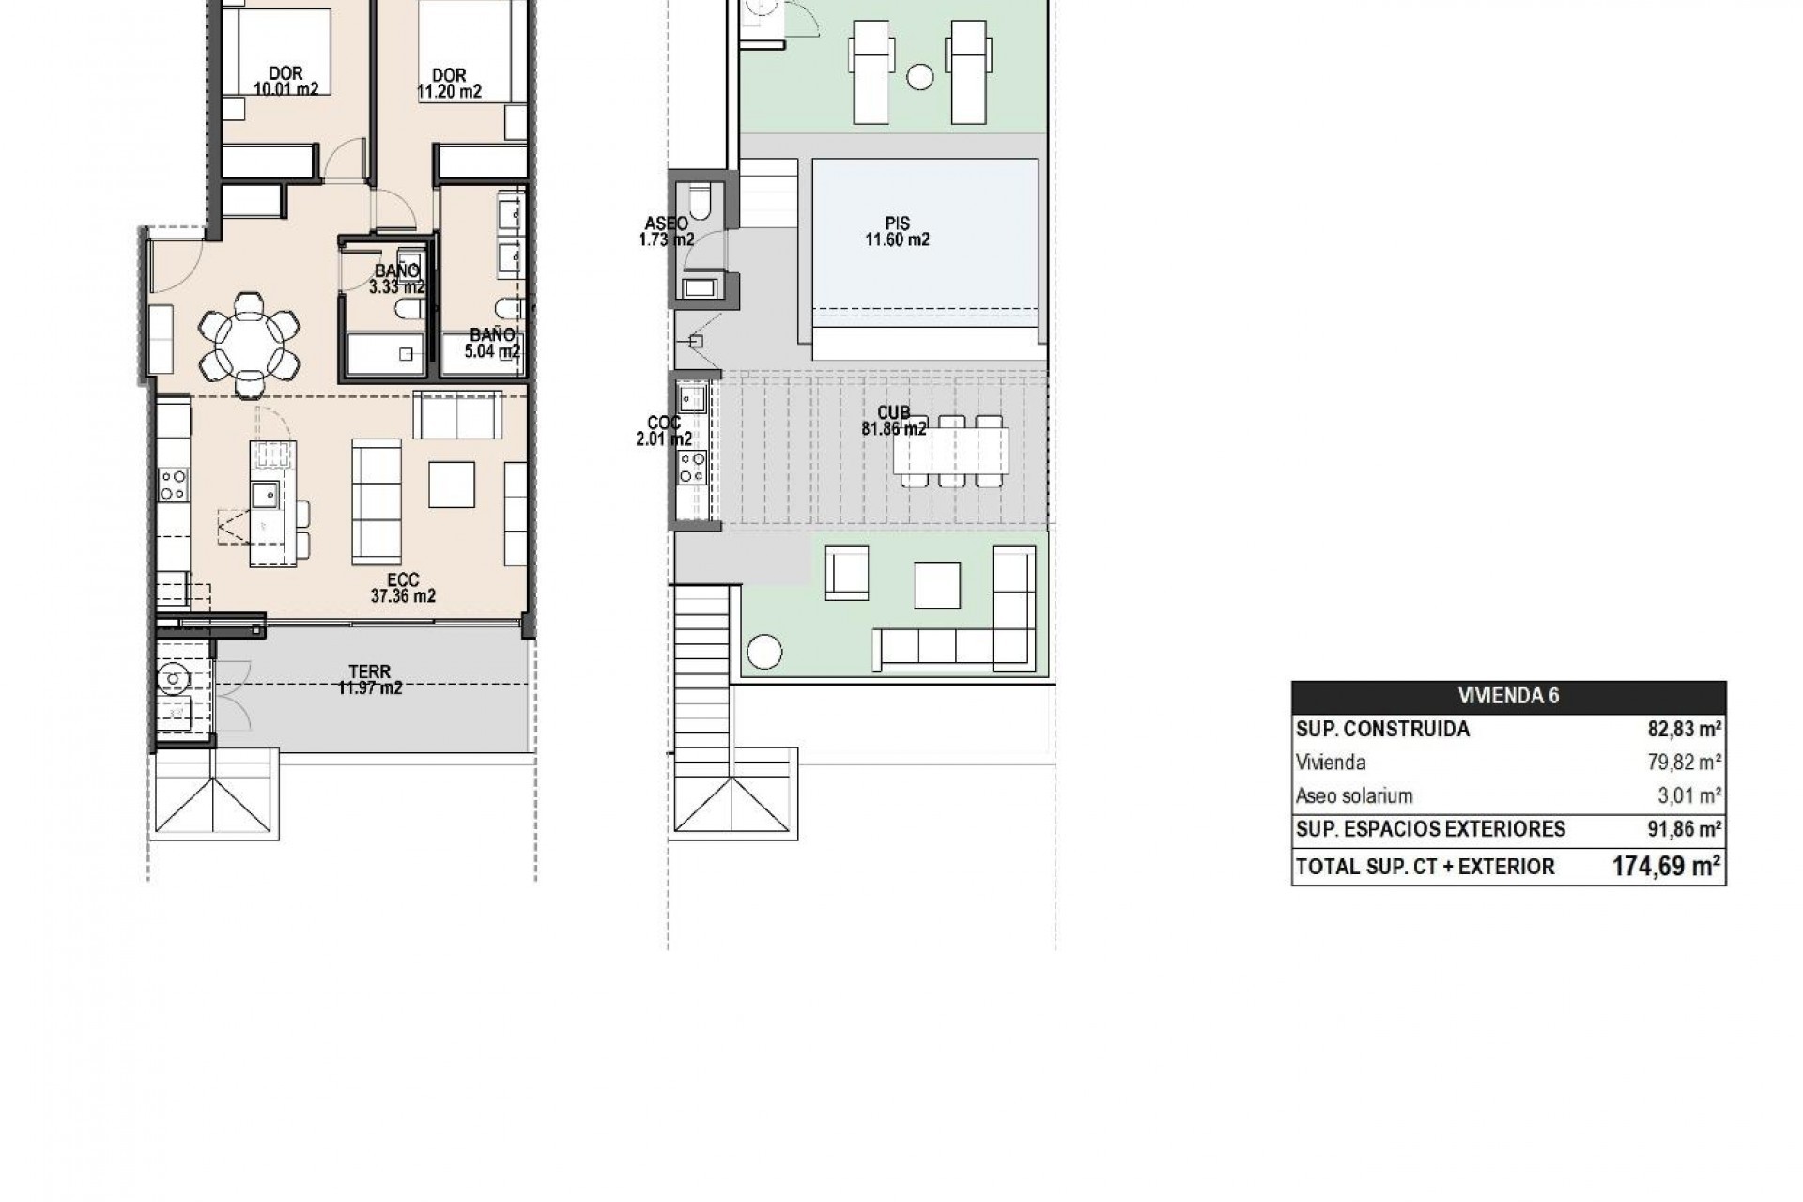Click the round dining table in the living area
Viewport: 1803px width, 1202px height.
(x=249, y=342)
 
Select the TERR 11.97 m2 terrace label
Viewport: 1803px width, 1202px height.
(x=370, y=680)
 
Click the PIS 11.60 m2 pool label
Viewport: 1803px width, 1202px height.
(x=897, y=232)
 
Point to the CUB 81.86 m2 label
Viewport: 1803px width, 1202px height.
(x=893, y=421)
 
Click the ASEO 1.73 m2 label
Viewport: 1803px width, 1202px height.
(x=665, y=232)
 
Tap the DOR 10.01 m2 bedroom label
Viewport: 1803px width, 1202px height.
(x=285, y=82)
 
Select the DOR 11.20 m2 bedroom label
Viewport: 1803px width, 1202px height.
(x=449, y=84)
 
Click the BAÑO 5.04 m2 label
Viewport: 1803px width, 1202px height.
(x=492, y=344)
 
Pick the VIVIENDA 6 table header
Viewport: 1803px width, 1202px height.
(x=1508, y=696)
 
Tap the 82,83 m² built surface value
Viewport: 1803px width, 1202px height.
(x=1685, y=729)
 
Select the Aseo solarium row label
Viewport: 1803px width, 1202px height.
(x=1353, y=796)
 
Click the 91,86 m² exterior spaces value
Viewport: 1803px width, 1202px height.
(x=1685, y=829)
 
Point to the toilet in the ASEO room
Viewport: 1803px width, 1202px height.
(x=701, y=201)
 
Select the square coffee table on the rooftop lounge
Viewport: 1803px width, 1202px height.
(x=936, y=585)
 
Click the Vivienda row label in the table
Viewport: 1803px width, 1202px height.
(x=1330, y=763)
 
